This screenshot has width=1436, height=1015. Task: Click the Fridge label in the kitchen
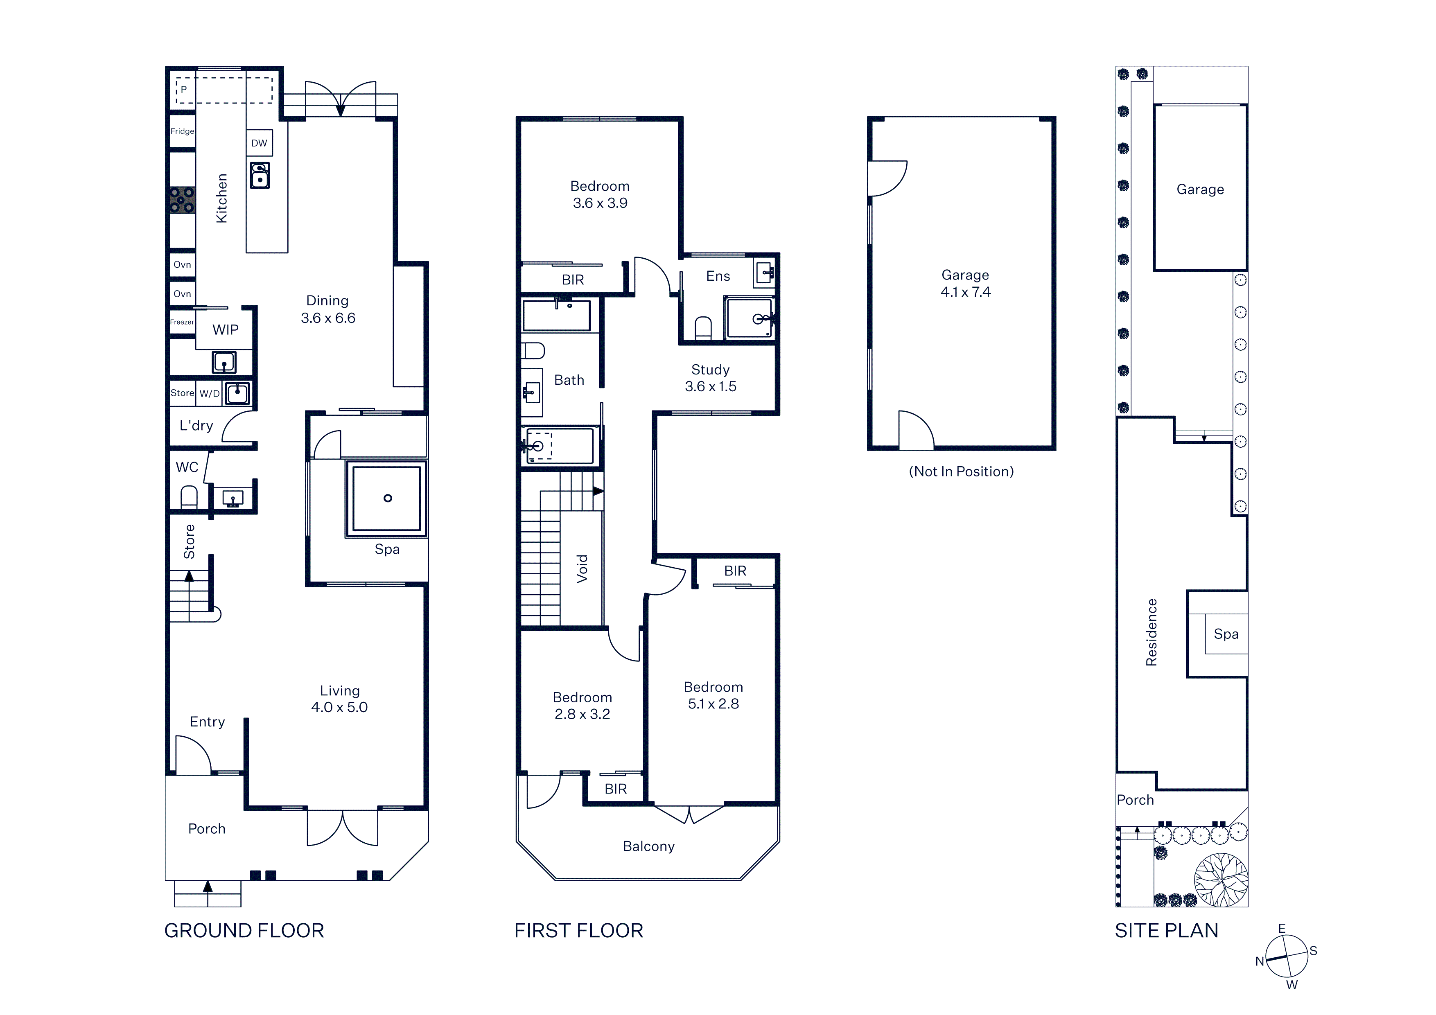182,131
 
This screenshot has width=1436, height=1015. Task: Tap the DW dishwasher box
259,143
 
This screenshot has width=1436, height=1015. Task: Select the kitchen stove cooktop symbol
182,200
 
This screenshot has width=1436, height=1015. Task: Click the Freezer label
182,322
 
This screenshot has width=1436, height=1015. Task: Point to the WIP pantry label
225,329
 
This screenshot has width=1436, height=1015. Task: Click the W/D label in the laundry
210,393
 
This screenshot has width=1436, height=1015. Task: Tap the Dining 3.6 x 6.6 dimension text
328,309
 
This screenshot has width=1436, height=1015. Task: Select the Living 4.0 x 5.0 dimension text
340,699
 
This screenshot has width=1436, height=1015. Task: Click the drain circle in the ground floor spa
388,498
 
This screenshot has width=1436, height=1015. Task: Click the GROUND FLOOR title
244,931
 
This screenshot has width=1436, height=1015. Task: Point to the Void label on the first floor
582,569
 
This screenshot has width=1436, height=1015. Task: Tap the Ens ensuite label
718,276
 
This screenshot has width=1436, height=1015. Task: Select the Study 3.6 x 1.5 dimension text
711,378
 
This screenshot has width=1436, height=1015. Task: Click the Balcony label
648,847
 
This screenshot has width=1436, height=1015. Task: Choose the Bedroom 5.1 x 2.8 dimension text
713,695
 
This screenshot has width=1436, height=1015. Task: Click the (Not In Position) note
961,471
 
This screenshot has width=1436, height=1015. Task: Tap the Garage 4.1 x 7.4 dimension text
966,283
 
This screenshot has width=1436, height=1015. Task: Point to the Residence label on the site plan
1152,632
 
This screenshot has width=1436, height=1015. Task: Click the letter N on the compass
1260,962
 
